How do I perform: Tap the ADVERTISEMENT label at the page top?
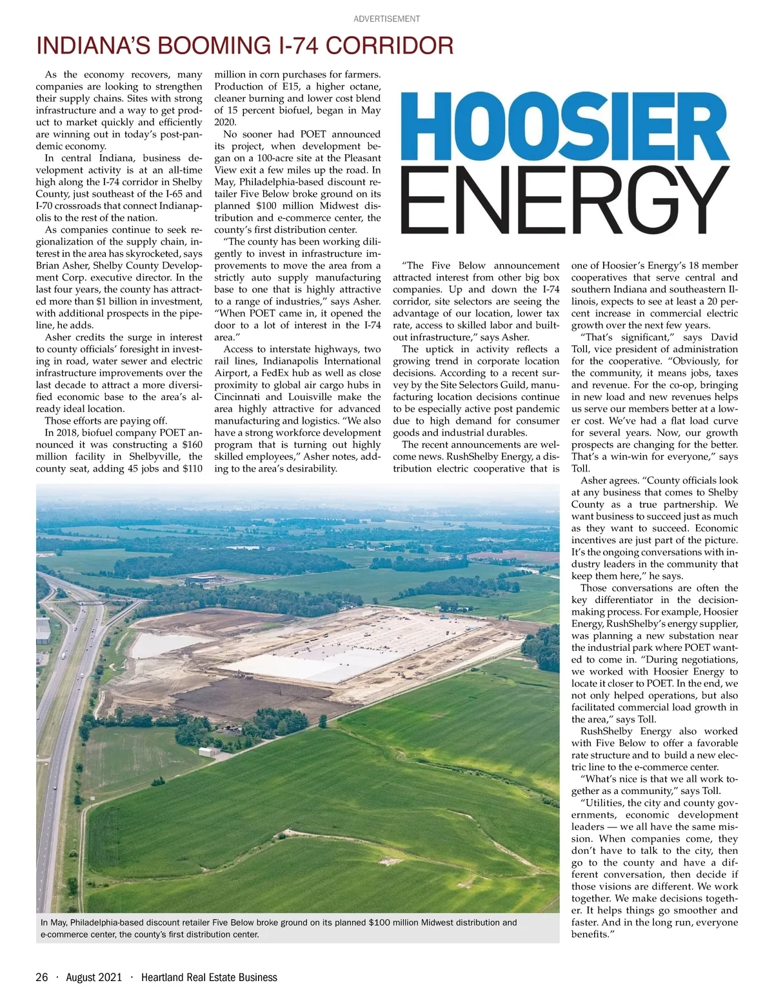point(386,19)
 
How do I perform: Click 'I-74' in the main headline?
point(299,46)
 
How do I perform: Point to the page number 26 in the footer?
point(42,977)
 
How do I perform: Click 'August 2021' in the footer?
point(94,977)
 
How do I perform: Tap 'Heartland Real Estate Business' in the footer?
point(209,977)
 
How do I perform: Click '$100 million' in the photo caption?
point(393,922)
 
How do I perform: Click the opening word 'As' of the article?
point(52,75)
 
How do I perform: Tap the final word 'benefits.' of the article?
point(590,934)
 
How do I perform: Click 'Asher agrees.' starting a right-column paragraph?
point(608,481)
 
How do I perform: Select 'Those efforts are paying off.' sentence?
point(106,421)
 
